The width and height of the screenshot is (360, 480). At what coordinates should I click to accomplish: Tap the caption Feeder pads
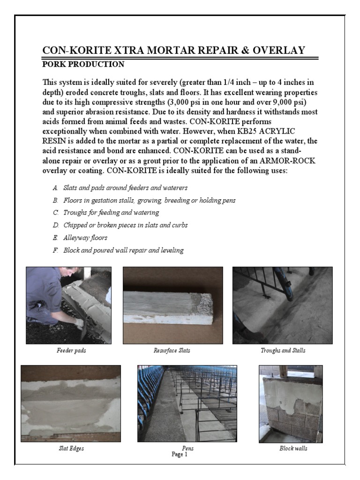click(68, 351)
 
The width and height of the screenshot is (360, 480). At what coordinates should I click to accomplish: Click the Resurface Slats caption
click(172, 351)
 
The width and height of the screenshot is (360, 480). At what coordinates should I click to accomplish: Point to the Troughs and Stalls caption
click(283, 351)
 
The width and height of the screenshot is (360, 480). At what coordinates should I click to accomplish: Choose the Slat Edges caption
click(71, 449)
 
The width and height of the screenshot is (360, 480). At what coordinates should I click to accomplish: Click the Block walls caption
click(293, 449)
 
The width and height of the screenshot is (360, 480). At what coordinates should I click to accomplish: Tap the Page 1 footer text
click(180, 454)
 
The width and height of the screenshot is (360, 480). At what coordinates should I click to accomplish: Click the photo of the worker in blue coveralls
click(68, 305)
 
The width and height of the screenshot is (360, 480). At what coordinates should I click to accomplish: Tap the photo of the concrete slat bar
click(172, 305)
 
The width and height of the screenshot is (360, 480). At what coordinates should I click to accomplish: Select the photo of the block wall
click(291, 404)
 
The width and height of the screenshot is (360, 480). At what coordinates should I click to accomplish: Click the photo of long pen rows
click(187, 404)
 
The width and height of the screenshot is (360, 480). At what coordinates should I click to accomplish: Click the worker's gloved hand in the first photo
click(79, 323)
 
